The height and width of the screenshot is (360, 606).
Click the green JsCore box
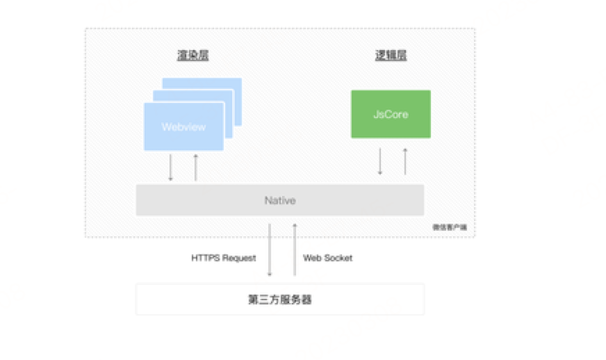[391, 114]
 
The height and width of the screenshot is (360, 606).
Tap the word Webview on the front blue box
[183, 127]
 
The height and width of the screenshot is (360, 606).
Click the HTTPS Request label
[224, 258]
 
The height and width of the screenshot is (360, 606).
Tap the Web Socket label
[327, 258]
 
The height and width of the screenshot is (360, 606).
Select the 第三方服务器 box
[279, 300]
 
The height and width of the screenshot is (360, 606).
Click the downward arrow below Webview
[170, 167]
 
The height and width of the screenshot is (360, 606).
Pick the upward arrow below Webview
[195, 167]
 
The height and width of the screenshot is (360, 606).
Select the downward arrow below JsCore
[379, 162]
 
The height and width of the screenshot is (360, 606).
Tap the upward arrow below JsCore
[404, 162]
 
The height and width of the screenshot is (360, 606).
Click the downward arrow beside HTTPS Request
[270, 250]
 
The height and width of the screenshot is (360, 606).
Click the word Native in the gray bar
[279, 200]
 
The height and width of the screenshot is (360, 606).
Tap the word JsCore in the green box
[391, 114]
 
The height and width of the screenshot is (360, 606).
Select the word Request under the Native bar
[240, 258]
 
